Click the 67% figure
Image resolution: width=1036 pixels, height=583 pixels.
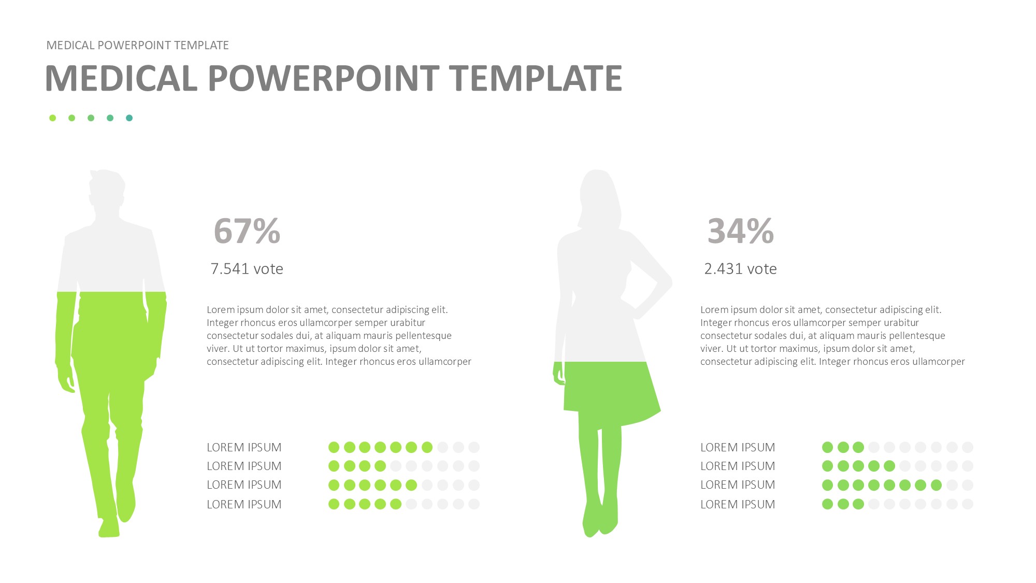coord(247,231)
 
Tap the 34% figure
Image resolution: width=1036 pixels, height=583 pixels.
coord(741,231)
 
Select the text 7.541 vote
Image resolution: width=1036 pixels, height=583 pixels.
coord(247,268)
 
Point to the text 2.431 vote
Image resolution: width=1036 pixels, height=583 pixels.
coord(740,268)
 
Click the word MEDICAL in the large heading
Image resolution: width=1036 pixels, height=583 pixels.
coord(121,78)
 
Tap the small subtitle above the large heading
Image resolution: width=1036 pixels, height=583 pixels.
coord(137,45)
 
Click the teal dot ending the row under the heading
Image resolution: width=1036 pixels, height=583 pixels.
coord(129,118)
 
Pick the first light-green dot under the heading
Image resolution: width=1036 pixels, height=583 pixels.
coord(52,118)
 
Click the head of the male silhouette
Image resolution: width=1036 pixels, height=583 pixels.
coord(107,189)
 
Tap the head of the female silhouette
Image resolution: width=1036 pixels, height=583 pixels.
coord(599,197)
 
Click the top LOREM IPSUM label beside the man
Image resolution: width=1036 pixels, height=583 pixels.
coord(244,447)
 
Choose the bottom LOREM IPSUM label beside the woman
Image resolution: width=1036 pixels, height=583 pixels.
coord(738,504)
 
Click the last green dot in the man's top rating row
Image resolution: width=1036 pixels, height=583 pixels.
coord(427,447)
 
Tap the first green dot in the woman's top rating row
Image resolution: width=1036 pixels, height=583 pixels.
coord(828,447)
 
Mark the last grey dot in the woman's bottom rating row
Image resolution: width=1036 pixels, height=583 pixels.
coord(968,504)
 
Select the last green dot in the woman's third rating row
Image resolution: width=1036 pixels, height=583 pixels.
coord(936,485)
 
